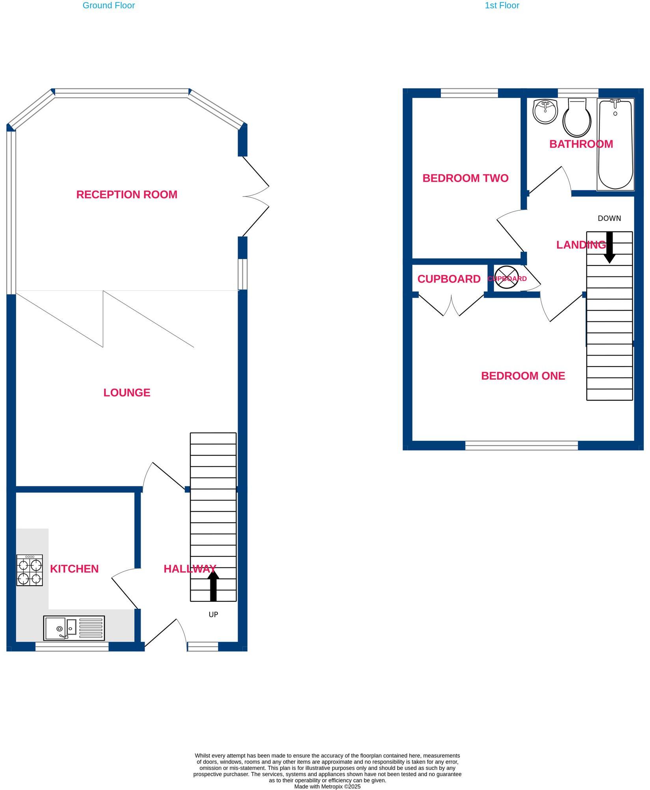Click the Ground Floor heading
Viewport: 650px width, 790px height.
pyautogui.click(x=109, y=6)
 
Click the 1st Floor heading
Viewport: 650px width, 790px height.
pyautogui.click(x=501, y=6)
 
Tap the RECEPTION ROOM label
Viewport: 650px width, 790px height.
pyautogui.click(x=126, y=195)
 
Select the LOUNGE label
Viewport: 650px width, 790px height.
pyautogui.click(x=126, y=393)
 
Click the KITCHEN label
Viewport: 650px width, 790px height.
pyautogui.click(x=74, y=569)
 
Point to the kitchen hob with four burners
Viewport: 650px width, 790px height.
pyautogui.click(x=30, y=570)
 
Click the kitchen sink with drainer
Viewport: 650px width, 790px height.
pyautogui.click(x=74, y=628)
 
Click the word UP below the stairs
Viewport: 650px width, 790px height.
pyautogui.click(x=213, y=614)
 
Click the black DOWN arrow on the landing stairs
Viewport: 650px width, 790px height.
pyautogui.click(x=609, y=247)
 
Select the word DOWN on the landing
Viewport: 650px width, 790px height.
pyautogui.click(x=609, y=218)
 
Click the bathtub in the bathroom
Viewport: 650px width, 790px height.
pyautogui.click(x=615, y=145)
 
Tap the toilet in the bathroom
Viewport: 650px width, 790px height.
pyautogui.click(x=577, y=117)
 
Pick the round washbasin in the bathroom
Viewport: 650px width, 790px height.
pyautogui.click(x=545, y=111)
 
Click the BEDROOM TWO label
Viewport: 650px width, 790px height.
pyautogui.click(x=465, y=178)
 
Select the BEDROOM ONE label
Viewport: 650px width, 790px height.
pyautogui.click(x=523, y=376)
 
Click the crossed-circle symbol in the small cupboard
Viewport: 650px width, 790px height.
pyautogui.click(x=506, y=277)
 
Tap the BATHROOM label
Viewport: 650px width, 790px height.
pyautogui.click(x=581, y=144)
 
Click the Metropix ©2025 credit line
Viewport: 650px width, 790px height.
pyautogui.click(x=327, y=786)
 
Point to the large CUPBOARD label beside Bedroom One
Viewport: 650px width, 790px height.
pyautogui.click(x=449, y=279)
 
